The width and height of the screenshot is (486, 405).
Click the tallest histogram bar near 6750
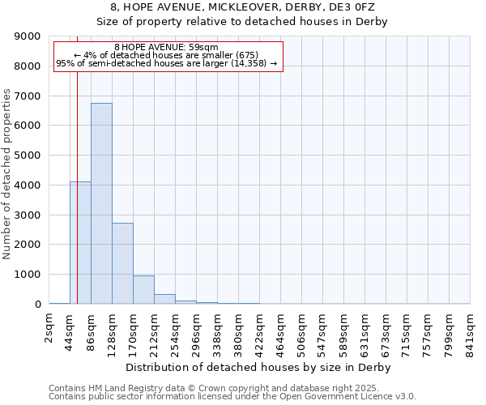101,202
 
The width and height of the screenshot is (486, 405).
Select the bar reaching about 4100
80,243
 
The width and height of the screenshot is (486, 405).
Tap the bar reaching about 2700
122,263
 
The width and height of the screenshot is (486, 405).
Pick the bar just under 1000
143,289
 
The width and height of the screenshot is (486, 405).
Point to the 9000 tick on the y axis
27,36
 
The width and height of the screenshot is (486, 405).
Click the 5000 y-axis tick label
27,156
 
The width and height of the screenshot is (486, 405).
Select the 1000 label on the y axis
27,275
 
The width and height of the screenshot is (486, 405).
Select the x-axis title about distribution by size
259,367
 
